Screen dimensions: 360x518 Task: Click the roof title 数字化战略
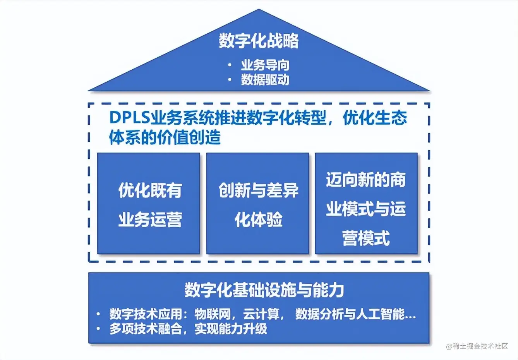(259, 41)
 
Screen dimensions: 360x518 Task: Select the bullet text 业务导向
(265, 65)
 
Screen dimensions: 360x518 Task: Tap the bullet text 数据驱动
(265, 80)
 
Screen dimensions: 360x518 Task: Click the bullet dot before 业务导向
(230, 65)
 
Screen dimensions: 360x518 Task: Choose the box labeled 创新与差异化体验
(258, 204)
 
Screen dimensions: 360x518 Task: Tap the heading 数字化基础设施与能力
(264, 290)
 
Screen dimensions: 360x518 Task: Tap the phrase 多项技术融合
(146, 329)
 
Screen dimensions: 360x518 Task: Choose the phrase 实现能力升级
(231, 329)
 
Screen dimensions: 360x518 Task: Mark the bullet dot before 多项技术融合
(99, 329)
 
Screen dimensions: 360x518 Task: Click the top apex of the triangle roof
(259, 10)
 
